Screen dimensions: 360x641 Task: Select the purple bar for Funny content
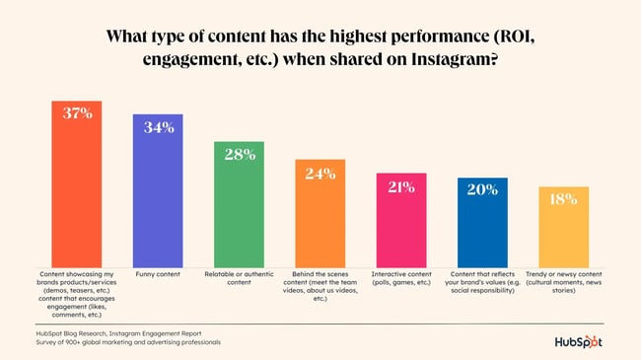click(x=158, y=192)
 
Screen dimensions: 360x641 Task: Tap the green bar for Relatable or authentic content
click(x=240, y=207)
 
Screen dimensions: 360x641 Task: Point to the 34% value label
click(x=158, y=127)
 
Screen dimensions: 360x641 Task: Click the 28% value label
click(x=240, y=154)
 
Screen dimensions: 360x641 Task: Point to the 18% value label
click(x=563, y=199)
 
